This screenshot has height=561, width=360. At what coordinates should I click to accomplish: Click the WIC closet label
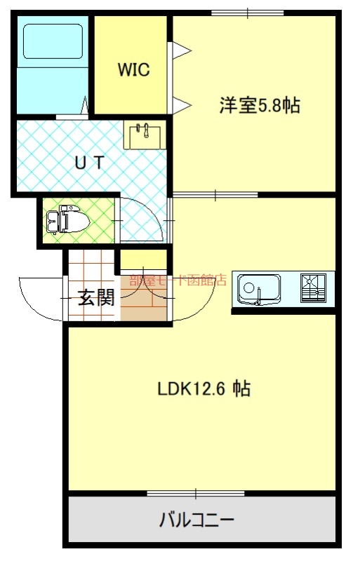(x=133, y=69)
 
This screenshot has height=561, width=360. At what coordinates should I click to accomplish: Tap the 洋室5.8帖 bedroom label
(x=260, y=105)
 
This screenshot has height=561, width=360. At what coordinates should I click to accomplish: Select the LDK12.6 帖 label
(x=204, y=388)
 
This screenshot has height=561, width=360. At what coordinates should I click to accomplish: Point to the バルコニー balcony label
(x=196, y=520)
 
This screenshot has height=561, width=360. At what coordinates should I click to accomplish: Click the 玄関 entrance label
(x=96, y=297)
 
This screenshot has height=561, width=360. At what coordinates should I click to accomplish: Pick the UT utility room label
(x=90, y=163)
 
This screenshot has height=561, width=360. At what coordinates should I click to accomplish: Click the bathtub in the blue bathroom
(x=53, y=41)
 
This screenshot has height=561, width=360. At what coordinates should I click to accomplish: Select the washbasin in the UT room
(x=145, y=135)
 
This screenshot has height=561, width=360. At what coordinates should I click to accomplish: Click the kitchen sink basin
(x=260, y=290)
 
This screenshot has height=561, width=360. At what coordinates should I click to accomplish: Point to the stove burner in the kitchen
(x=313, y=288)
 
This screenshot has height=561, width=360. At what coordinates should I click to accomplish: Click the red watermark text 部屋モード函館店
(x=178, y=280)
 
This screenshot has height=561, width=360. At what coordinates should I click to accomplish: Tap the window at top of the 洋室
(x=248, y=13)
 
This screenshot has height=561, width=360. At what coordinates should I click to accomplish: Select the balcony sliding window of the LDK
(x=196, y=494)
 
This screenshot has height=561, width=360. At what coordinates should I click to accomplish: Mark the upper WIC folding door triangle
(x=180, y=50)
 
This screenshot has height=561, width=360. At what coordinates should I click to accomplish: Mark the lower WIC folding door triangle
(x=180, y=105)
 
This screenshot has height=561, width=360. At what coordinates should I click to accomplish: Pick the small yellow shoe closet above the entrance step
(x=143, y=260)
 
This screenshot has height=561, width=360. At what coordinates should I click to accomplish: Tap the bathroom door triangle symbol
(x=85, y=104)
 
